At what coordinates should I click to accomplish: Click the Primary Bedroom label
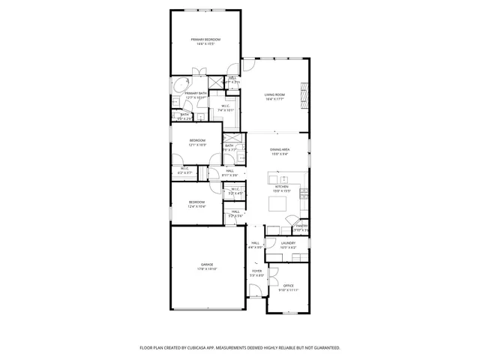pyautogui.click(x=205, y=39)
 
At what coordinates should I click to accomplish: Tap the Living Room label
pyautogui.click(x=274, y=94)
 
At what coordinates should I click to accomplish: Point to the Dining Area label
pyautogui.click(x=280, y=150)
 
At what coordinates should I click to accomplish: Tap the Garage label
pyautogui.click(x=207, y=264)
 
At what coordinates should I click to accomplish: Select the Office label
pyautogui.click(x=289, y=286)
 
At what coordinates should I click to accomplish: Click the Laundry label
pyautogui.click(x=288, y=243)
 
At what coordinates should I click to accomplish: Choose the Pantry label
pyautogui.click(x=301, y=226)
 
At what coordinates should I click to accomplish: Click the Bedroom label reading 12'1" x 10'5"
pyautogui.click(x=197, y=140)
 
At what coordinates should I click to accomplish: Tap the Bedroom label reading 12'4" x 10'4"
pyautogui.click(x=196, y=202)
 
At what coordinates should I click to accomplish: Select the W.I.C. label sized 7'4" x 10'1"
pyautogui.click(x=226, y=106)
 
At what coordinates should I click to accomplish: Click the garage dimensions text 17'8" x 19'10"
pyautogui.click(x=207, y=268)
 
